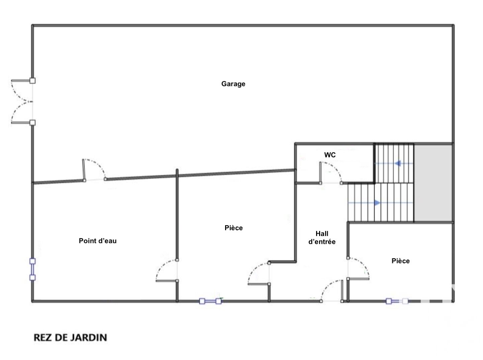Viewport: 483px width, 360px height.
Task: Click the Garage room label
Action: coord(233,84)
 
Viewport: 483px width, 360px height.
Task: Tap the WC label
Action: coord(330,155)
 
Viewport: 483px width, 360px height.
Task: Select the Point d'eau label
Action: coord(98,241)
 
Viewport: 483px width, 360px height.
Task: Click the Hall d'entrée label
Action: coord(322,238)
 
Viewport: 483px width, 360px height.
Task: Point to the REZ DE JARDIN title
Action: coord(70,338)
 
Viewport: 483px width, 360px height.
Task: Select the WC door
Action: coord(330,173)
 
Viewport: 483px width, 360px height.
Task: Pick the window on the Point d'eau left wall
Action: coord(32,269)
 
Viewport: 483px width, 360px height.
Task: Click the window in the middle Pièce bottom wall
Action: coord(210,301)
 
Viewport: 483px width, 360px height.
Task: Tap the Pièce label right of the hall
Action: coord(400,261)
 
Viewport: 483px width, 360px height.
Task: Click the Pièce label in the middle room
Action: coord(233,228)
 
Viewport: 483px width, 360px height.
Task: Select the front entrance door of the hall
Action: coord(331,291)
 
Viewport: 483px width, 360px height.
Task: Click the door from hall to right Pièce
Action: coord(358,268)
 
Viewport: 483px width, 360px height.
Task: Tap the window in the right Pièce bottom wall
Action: coord(397,301)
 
